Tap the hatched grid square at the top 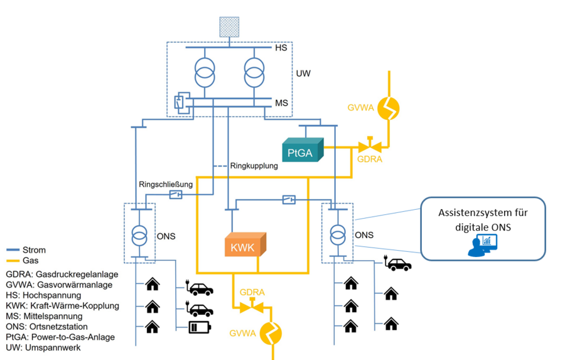coord(229,26)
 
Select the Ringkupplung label coord(249,166)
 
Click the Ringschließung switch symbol coord(176,195)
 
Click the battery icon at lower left coord(200,327)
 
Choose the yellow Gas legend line coord(14,261)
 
